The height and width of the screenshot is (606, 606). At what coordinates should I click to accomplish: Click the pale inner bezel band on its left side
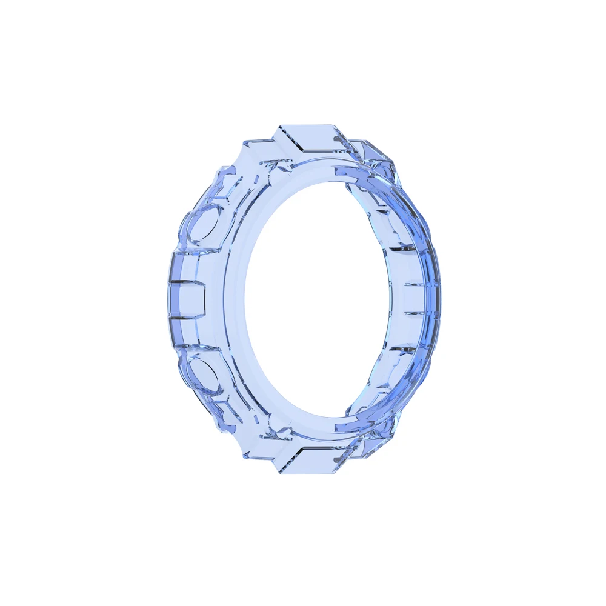pos(233,300)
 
